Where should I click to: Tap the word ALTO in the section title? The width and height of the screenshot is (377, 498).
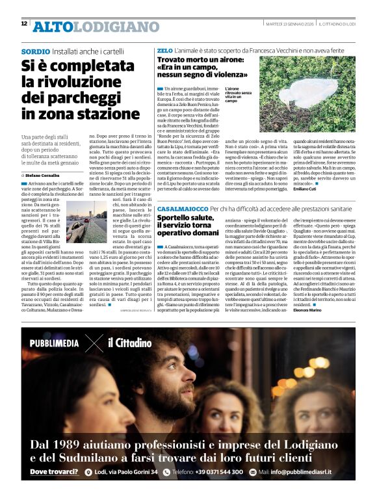tap(53, 27)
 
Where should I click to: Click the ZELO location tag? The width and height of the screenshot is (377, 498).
tap(164, 50)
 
